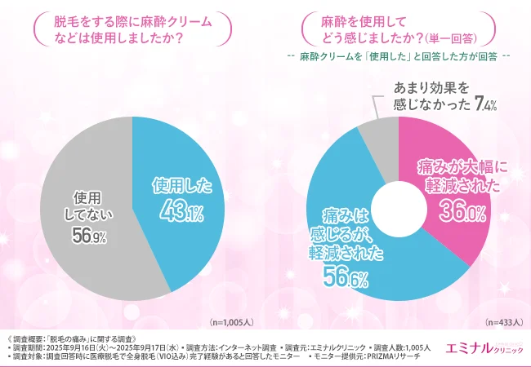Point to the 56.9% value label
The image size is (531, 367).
click(87, 236)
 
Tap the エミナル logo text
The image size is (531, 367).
click(466, 347)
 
